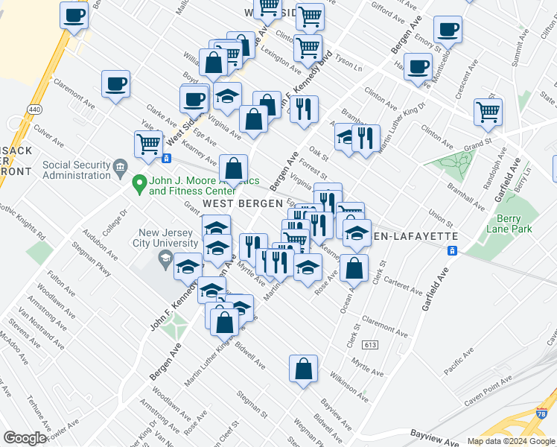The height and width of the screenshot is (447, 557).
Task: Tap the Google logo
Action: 25,438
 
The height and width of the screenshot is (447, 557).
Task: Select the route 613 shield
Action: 370,346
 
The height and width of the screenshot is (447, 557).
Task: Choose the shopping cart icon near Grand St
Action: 488,112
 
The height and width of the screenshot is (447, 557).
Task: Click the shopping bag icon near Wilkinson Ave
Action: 304,368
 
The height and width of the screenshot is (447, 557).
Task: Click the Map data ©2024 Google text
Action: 510,441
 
